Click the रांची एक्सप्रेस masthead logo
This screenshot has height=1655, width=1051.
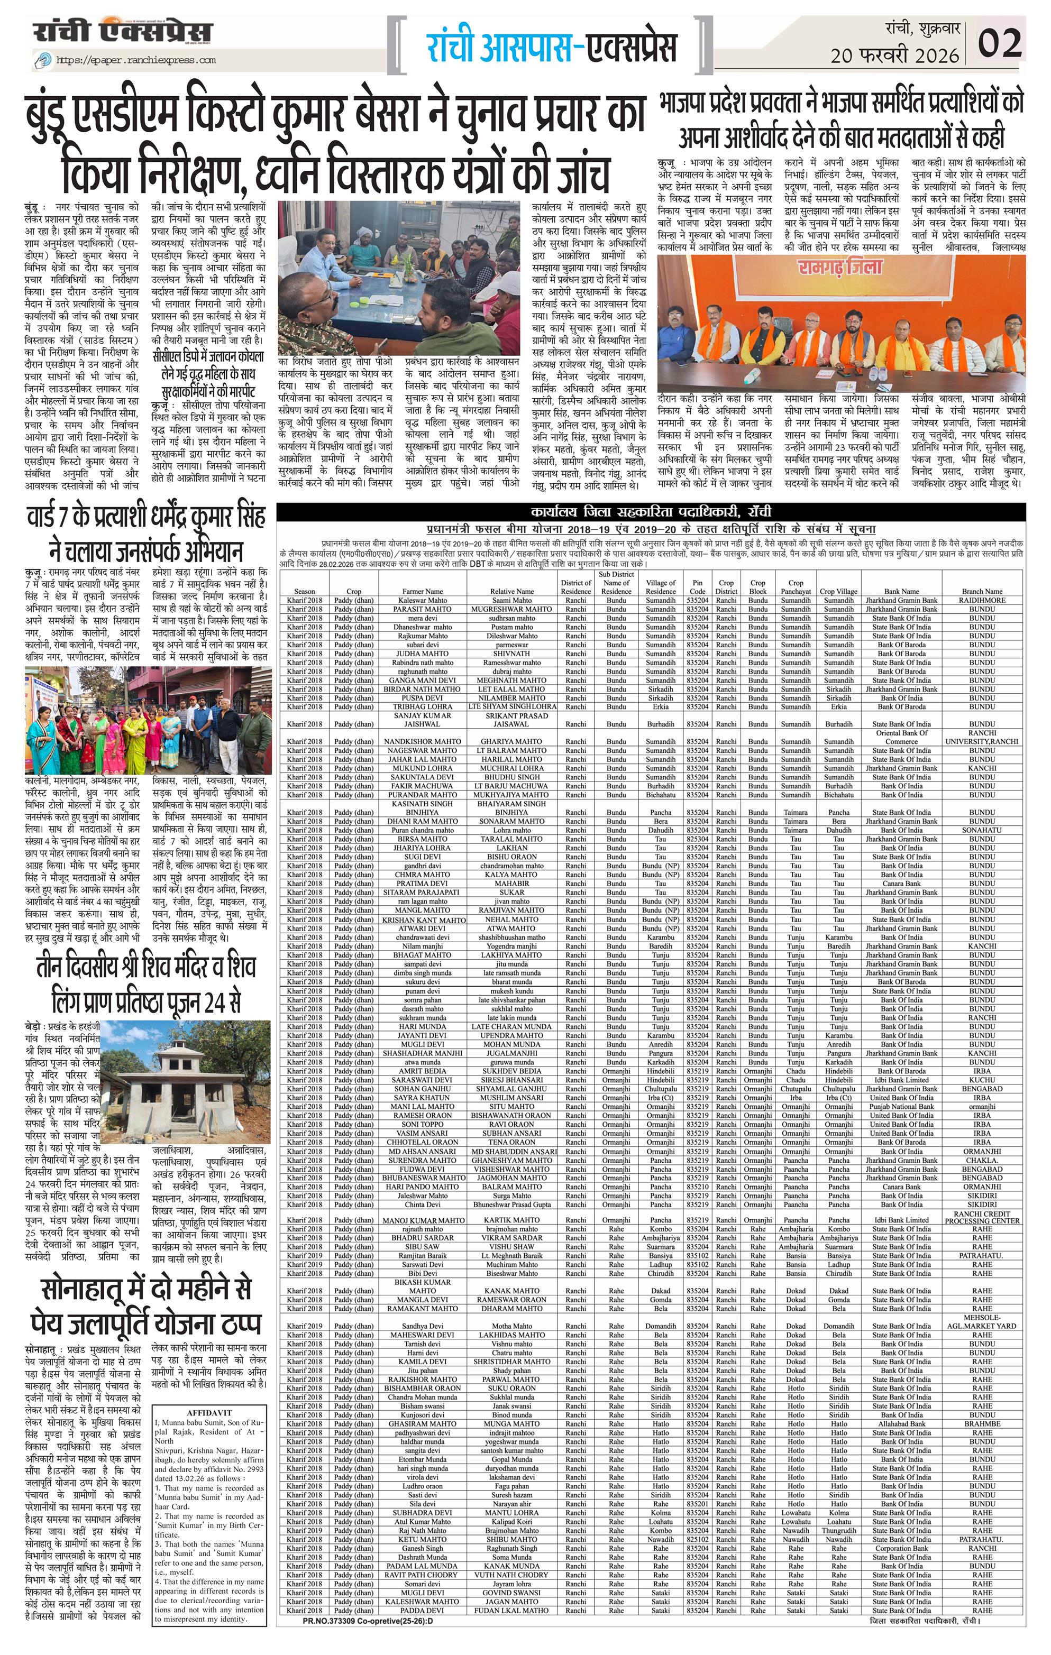(124, 32)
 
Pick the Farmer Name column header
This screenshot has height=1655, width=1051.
(422, 591)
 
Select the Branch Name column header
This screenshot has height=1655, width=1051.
(982, 591)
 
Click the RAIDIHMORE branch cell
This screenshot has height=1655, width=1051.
(982, 600)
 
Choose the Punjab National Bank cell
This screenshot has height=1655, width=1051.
(901, 1107)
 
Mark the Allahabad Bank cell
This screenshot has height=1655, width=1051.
(901, 1424)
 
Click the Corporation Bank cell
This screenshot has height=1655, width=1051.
(901, 1549)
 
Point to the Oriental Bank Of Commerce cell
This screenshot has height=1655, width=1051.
(901, 737)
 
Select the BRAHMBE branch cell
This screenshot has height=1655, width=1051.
(982, 1424)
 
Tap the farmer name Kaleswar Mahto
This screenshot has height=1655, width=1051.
(422, 600)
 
